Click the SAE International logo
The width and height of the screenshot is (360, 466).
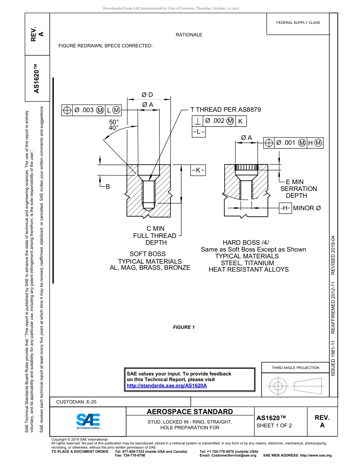[88, 421]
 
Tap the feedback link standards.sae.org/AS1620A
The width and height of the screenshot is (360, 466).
[166, 386]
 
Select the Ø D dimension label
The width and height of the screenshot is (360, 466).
[147, 95]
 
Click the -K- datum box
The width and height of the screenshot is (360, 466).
[198, 170]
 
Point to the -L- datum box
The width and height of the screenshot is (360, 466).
[199, 132]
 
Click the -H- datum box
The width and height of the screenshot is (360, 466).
[286, 208]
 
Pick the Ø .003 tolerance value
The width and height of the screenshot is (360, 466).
[84, 110]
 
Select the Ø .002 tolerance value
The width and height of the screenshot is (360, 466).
[214, 121]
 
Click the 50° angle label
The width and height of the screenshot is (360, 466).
[114, 122]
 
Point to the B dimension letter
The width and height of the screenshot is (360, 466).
[108, 186]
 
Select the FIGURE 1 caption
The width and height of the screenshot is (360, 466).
[184, 327]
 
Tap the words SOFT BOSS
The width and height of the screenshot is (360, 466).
[147, 254]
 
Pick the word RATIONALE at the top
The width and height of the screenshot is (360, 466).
[189, 35]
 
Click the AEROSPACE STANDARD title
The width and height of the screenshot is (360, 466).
[190, 412]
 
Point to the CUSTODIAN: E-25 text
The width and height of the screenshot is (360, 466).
[76, 402]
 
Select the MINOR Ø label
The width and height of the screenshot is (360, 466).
[307, 208]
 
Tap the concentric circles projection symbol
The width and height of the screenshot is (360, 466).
[278, 386]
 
